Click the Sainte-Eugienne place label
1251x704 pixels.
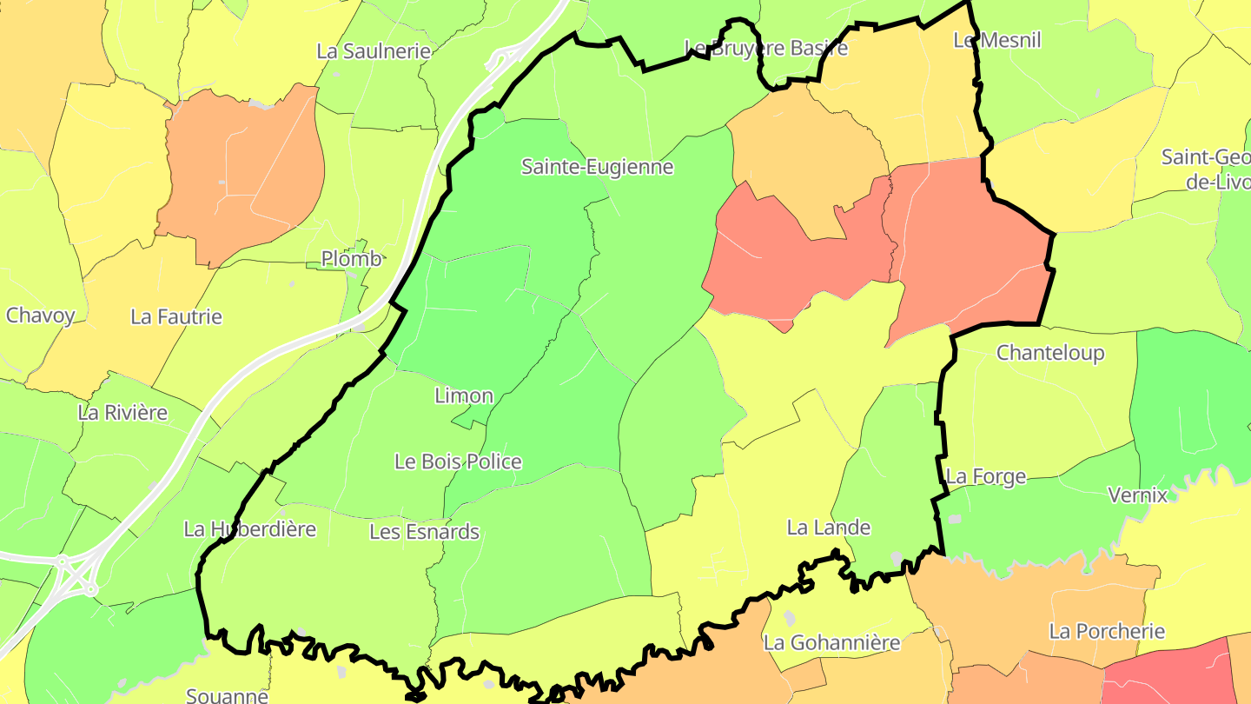coord(597,167)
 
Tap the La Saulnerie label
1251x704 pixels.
coord(374,51)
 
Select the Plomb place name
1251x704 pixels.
coord(351,259)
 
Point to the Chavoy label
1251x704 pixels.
coord(41,315)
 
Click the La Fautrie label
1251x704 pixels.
coord(176,317)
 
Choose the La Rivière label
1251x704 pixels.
coord(122,413)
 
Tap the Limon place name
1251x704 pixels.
coord(464,396)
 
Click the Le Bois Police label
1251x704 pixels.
coord(458,462)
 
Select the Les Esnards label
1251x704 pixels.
coord(424,532)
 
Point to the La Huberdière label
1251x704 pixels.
coord(249,528)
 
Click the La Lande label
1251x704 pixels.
coord(828,528)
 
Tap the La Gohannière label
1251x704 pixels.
coord(831,643)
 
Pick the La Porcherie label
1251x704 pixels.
coord(1106,632)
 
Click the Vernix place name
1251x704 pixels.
coord(1137,495)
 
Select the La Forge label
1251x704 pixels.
coord(985,477)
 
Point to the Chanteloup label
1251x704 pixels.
coord(1050,353)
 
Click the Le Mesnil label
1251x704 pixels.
coord(996,40)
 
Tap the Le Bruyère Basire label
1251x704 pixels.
coord(765,48)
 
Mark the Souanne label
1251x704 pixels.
coord(227,695)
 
